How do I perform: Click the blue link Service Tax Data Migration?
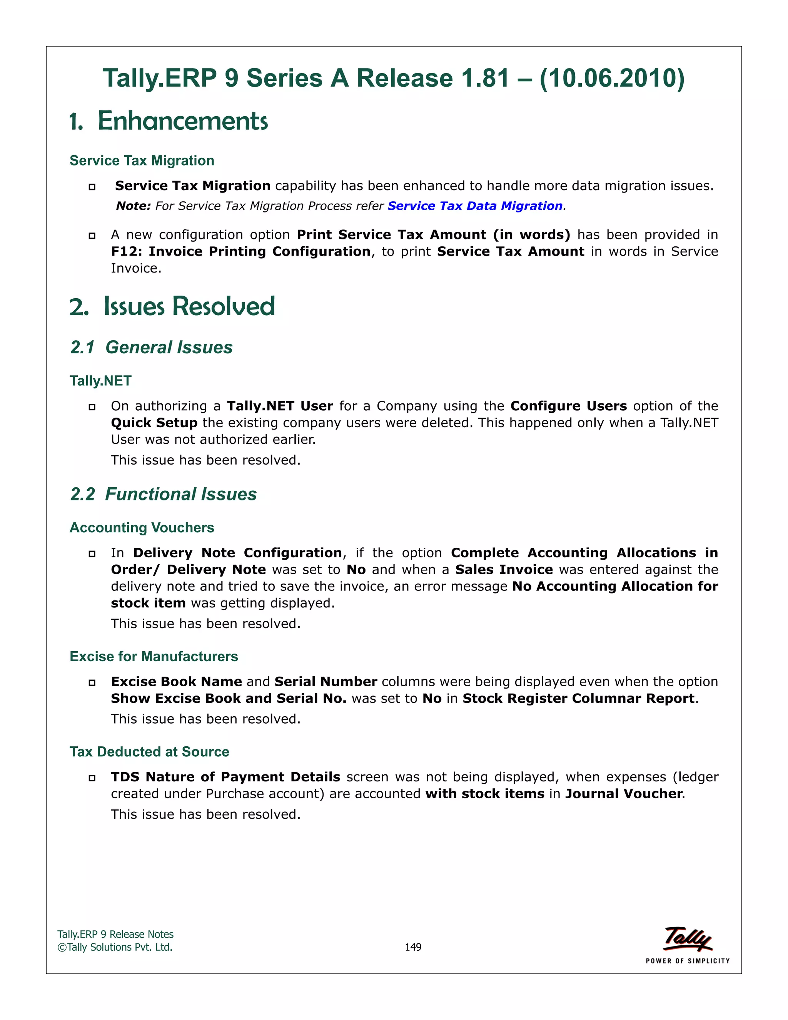[x=475, y=206]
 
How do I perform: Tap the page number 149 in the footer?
[x=413, y=947]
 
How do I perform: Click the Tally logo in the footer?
[x=688, y=939]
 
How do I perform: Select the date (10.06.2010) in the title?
[x=612, y=78]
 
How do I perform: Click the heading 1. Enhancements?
[x=169, y=121]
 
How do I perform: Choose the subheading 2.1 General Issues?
[x=151, y=348]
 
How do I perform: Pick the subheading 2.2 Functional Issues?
[x=164, y=494]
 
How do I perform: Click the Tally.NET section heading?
[x=100, y=381]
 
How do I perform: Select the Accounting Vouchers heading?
[x=142, y=527]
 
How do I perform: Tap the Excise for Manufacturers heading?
[x=154, y=656]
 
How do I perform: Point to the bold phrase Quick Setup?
[x=154, y=423]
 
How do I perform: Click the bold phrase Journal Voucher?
[x=624, y=794]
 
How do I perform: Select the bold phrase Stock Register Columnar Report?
[x=578, y=698]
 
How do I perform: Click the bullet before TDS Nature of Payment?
[x=92, y=778]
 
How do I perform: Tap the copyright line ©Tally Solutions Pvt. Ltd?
[x=115, y=947]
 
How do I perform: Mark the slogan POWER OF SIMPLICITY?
[x=688, y=961]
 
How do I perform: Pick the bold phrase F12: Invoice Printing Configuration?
[x=240, y=251]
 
